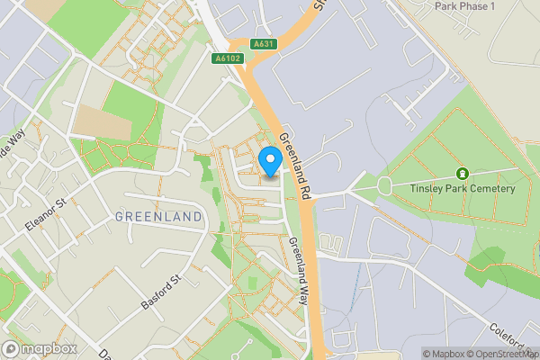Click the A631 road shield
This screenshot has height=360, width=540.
263,43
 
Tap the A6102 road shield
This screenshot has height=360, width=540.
229,58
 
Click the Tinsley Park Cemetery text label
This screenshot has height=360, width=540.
463,188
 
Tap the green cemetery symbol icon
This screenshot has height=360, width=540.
463,173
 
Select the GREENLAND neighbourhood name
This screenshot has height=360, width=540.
158,217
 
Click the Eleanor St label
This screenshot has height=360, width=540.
47,216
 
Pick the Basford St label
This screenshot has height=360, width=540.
161,292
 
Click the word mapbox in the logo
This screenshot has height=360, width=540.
49,348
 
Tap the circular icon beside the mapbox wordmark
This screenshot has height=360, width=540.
12,348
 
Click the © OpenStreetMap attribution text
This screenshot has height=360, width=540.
500,354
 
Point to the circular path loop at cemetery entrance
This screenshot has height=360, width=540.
385,186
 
